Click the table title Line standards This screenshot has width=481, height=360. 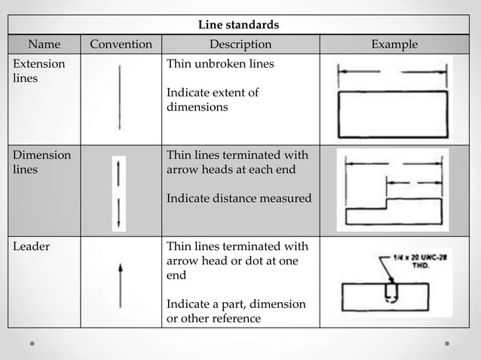[238, 25]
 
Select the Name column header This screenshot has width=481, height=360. [44, 44]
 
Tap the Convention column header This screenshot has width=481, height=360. [121, 44]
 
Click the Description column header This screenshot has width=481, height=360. [240, 44]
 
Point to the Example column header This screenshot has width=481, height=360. [394, 44]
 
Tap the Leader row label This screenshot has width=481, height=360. [31, 246]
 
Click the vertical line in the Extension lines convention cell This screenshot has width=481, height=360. [119, 97]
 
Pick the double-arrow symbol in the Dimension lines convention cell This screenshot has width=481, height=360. [119, 194]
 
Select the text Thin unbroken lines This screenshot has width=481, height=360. [220, 64]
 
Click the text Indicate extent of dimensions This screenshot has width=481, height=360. [213, 100]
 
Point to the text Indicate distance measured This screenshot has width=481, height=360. [238, 199]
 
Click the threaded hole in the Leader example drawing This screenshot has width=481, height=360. [389, 291]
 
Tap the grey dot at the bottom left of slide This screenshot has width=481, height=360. [32, 343]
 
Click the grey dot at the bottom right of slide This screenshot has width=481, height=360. [447, 343]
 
